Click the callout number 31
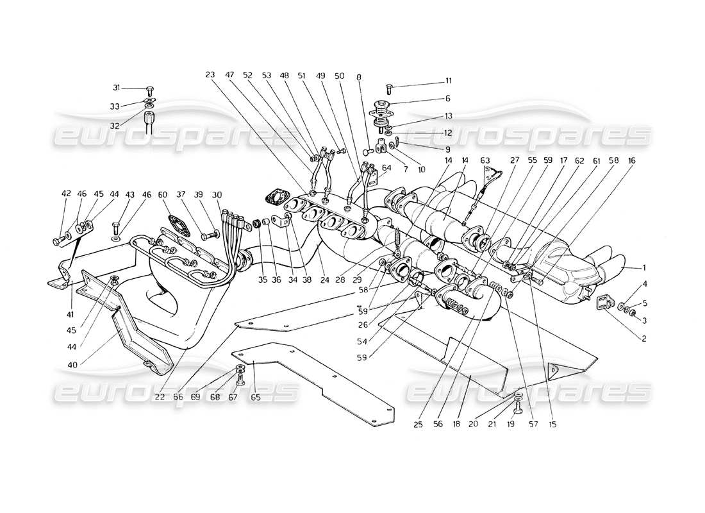[116, 88]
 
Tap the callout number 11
[448, 81]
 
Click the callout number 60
[162, 193]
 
